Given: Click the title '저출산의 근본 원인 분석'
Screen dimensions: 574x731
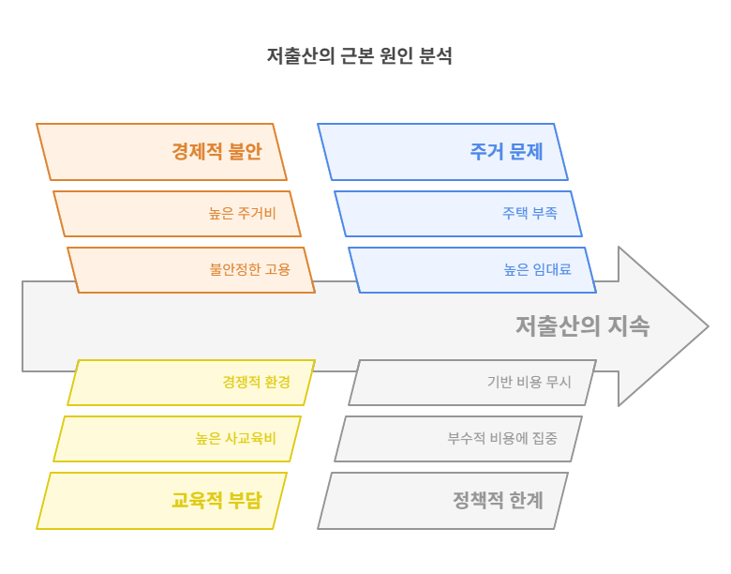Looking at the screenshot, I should [x=360, y=56].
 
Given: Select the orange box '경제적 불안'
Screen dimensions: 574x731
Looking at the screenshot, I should [x=161, y=152].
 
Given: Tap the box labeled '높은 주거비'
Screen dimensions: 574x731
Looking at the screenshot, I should [x=177, y=214].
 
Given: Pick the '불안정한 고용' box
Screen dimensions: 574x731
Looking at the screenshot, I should [x=191, y=270].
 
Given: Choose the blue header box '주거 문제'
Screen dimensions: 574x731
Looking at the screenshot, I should [x=442, y=152].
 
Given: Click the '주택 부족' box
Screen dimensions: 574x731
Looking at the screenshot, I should [x=458, y=214].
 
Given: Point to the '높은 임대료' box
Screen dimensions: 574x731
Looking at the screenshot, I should [x=472, y=270].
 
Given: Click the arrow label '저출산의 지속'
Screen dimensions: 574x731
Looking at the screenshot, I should [x=582, y=326].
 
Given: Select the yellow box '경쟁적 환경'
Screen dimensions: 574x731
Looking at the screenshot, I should [x=191, y=383].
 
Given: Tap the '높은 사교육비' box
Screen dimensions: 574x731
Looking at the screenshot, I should [x=177, y=439].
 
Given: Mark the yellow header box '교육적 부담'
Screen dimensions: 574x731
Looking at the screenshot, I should [x=161, y=501].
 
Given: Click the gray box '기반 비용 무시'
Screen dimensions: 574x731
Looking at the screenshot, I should [x=472, y=383].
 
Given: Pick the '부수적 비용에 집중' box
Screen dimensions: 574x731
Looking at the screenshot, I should [x=458, y=439].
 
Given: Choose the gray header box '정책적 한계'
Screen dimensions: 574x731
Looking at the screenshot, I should [x=442, y=501].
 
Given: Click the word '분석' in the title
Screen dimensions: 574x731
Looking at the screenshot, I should [x=435, y=56].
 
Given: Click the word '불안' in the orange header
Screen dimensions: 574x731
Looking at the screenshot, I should [x=246, y=152].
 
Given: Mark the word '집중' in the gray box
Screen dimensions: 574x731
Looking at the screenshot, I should [x=542, y=439].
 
